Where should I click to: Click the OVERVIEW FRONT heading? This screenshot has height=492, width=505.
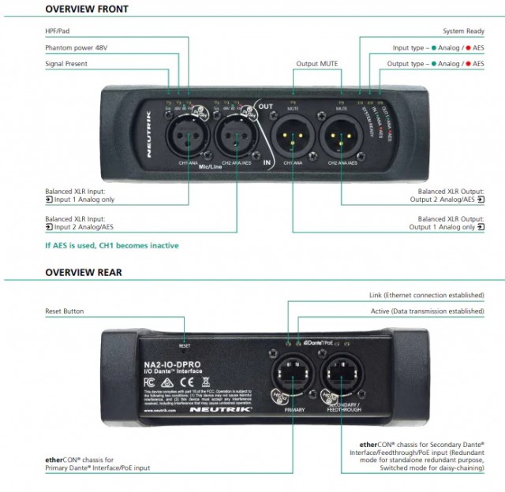(x=87, y=9)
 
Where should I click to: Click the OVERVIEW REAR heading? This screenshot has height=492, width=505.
(x=84, y=273)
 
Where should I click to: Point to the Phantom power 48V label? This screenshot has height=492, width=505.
(x=77, y=47)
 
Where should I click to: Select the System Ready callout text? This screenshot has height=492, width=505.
(x=463, y=32)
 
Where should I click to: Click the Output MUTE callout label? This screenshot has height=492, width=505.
(x=318, y=63)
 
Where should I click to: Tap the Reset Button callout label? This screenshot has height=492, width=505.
(x=64, y=311)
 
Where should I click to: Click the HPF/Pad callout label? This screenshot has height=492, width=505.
(x=60, y=32)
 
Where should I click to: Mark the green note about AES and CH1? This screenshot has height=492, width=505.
(x=111, y=245)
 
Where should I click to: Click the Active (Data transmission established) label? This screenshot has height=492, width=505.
(x=427, y=311)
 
